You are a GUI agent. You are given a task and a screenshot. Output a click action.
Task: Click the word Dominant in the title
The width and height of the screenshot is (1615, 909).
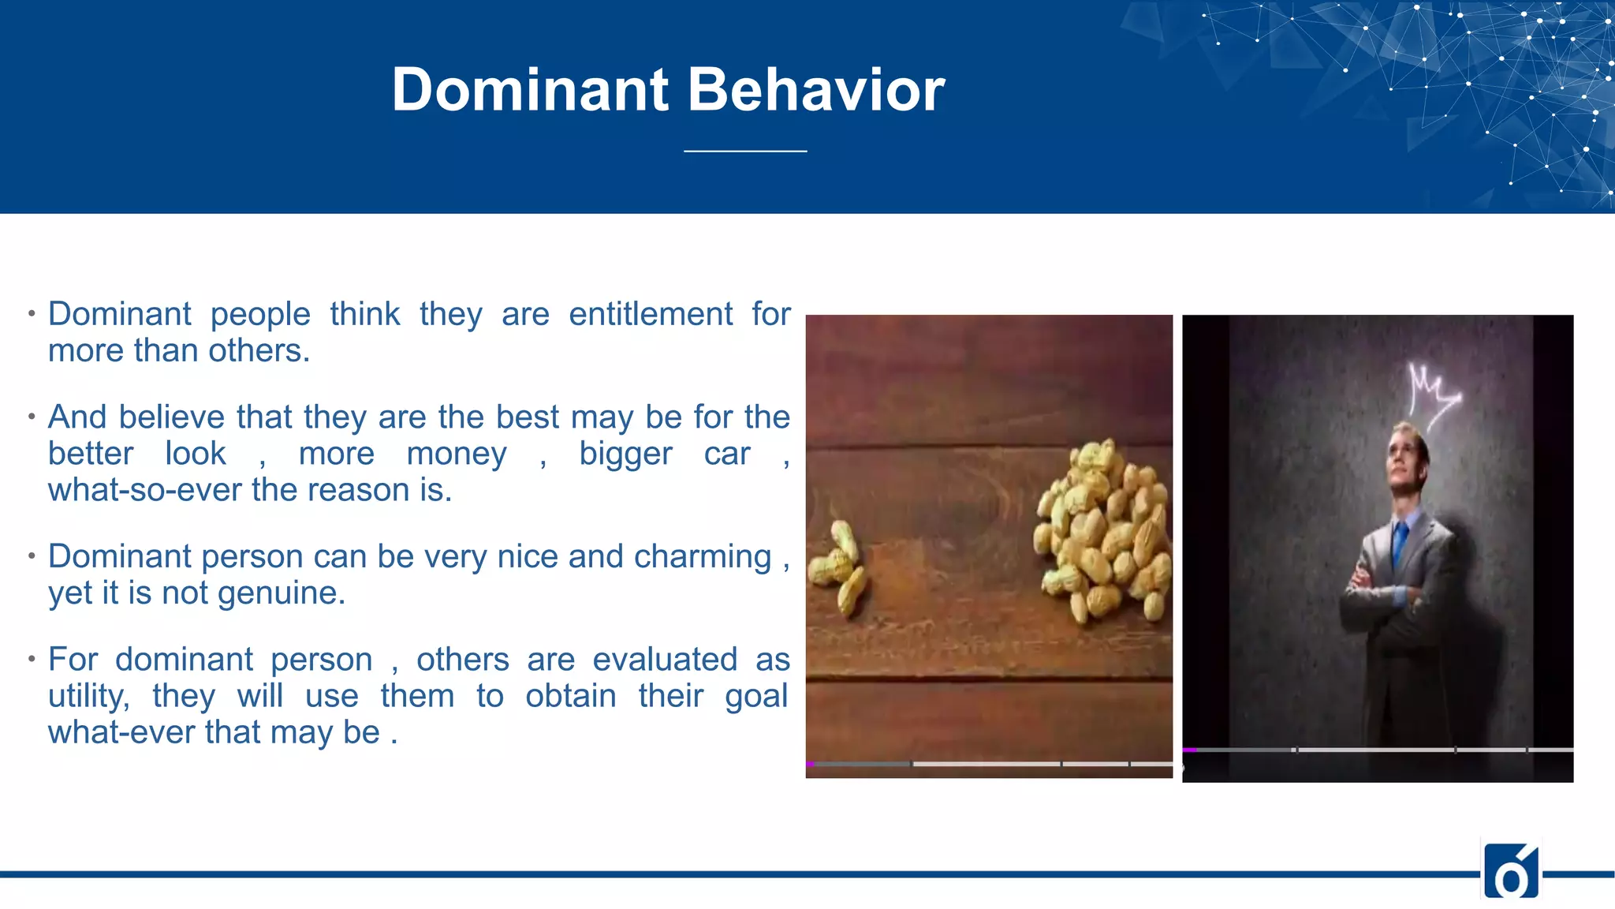click(530, 90)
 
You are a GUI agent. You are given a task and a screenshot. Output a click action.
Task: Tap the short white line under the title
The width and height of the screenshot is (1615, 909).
click(745, 151)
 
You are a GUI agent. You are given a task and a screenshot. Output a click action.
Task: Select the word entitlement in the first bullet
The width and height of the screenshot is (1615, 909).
click(651, 314)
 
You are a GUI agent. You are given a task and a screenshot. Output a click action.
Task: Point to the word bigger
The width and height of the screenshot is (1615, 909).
click(625, 454)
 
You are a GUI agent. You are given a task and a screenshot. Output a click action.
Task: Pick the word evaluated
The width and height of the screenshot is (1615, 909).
click(665, 660)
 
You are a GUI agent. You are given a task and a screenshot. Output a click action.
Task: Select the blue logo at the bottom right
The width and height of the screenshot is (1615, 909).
click(1511, 871)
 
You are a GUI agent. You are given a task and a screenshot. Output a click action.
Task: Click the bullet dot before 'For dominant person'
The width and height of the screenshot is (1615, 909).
click(32, 658)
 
